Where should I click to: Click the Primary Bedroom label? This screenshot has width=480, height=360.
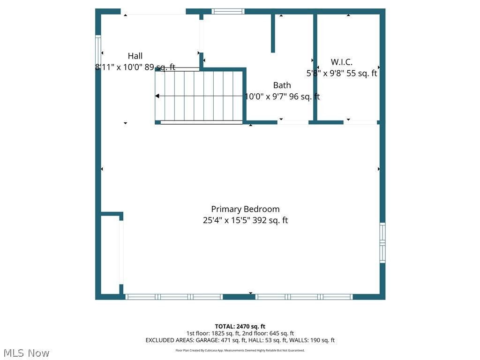tap(245, 209)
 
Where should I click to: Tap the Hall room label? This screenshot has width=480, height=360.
tap(135, 56)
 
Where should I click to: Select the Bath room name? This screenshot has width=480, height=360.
tap(282, 85)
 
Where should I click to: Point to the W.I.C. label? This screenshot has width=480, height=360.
tap(341, 62)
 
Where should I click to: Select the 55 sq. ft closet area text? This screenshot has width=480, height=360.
tap(361, 73)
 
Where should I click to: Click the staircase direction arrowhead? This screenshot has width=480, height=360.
tap(157, 96)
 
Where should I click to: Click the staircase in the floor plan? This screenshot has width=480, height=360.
tap(199, 96)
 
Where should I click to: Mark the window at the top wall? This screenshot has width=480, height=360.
tap(228, 11)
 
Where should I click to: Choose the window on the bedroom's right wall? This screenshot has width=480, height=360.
tap(382, 242)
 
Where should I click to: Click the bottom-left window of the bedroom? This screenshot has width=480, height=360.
tap(174, 297)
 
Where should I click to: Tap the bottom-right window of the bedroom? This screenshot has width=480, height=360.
tap(304, 297)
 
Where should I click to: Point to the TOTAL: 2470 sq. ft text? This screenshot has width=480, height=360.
tap(240, 326)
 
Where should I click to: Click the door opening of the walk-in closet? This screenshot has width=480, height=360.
tap(361, 122)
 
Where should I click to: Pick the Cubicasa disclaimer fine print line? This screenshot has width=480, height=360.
tap(240, 350)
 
